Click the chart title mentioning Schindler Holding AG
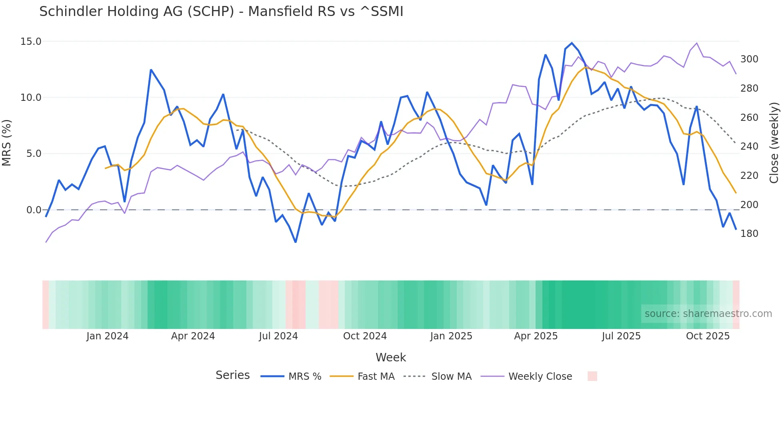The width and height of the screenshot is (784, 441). point(221,12)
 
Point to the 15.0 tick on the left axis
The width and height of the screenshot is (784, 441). point(31,42)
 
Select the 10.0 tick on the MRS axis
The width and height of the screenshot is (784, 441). point(31,98)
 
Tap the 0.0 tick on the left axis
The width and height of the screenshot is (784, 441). point(34,210)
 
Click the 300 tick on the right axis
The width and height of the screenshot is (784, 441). point(749,59)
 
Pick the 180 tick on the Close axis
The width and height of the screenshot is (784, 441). point(749,234)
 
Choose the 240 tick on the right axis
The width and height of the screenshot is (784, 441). point(749,146)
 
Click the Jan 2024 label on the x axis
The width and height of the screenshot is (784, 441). point(107,336)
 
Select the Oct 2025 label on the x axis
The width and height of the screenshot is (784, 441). point(708,336)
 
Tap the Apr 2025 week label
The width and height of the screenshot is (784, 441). point(536,336)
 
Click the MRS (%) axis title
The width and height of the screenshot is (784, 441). point(7,143)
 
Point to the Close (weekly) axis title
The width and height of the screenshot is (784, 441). point(774,143)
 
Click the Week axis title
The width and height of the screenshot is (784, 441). point(390,357)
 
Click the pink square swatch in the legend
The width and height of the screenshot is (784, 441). point(592,376)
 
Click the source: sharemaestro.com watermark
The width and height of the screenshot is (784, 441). point(708,314)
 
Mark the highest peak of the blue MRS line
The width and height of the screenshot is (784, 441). point(572,43)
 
